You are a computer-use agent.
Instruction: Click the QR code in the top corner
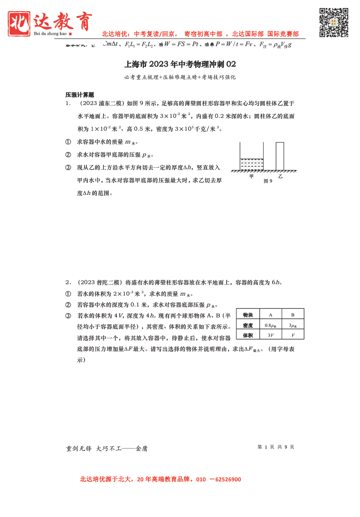point(333,22)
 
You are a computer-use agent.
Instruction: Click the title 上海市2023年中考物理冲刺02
point(180,64)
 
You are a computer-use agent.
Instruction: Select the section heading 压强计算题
point(80,95)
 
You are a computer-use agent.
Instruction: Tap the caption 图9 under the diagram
point(268,181)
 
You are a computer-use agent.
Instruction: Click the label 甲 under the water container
point(251,176)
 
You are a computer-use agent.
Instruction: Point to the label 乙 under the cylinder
point(280,176)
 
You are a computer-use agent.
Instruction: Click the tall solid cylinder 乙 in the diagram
point(280,156)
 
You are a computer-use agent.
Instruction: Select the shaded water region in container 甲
point(251,164)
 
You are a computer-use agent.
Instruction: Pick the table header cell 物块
point(248,315)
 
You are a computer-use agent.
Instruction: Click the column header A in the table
point(271,315)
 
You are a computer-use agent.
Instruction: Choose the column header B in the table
point(293,315)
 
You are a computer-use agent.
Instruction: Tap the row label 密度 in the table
point(248,325)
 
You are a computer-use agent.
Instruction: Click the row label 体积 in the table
point(248,335)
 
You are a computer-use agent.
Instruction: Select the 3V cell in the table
point(271,335)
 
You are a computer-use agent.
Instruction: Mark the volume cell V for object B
point(293,335)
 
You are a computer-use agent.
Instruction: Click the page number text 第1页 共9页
point(275,447)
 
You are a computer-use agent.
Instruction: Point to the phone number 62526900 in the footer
point(228,479)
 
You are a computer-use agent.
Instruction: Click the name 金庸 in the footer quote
point(142,448)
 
